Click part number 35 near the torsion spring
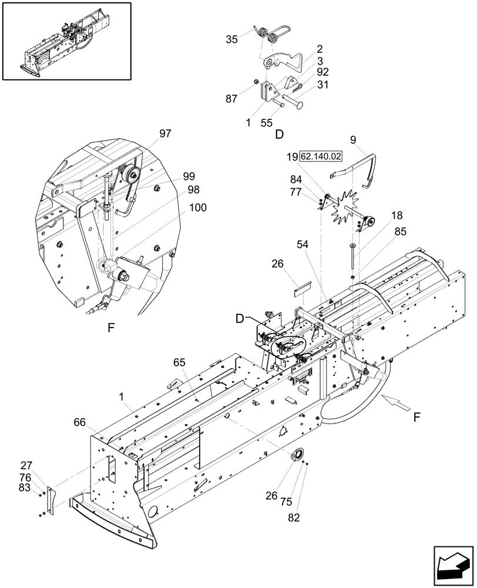click(231, 39)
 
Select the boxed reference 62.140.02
click(321, 157)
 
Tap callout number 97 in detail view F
click(165, 133)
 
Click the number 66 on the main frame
click(81, 422)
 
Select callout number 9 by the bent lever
click(352, 141)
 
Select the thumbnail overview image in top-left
click(66, 41)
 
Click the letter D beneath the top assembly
click(279, 134)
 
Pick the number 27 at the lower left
click(27, 465)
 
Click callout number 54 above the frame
click(303, 244)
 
